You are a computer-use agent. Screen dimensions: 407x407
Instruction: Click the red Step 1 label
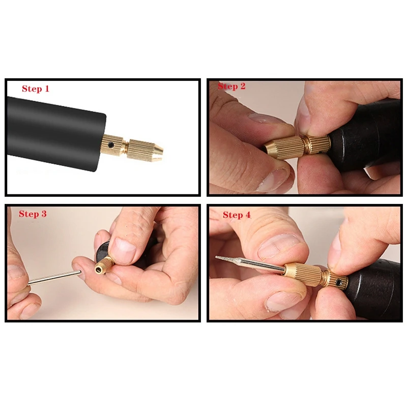coord(36,89)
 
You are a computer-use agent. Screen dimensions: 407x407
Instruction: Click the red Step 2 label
coord(231,86)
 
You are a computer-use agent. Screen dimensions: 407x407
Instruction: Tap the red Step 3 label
coord(33,214)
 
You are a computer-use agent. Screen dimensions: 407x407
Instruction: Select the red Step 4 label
coord(237,215)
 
